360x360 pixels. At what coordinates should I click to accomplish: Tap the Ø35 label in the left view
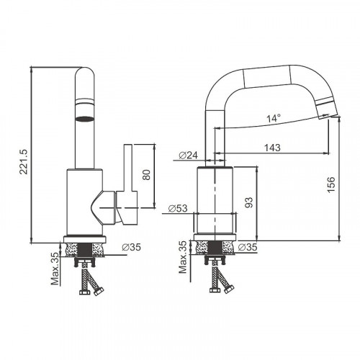[x=131, y=247]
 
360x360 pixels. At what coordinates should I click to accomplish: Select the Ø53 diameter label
[x=179, y=209]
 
